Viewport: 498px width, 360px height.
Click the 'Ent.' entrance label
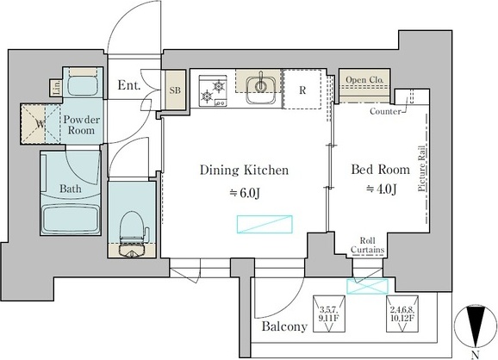click(129, 85)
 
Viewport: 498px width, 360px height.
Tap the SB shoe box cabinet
click(175, 90)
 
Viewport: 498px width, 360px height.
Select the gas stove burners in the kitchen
click(213, 90)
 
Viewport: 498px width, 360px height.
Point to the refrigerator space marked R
click(302, 90)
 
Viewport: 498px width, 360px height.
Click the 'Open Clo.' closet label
click(364, 80)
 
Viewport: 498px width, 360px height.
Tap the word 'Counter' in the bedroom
click(385, 111)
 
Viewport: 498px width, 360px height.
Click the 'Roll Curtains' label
click(367, 245)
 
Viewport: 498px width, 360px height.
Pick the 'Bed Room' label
click(380, 169)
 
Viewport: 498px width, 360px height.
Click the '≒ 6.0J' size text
click(245, 192)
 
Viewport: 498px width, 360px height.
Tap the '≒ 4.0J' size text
click(381, 189)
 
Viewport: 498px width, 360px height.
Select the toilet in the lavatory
click(132, 233)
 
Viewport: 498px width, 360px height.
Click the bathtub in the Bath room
click(71, 220)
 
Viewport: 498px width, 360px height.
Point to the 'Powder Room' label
click(81, 125)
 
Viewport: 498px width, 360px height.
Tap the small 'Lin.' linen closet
click(57, 88)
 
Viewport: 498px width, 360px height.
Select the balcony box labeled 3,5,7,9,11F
click(329, 314)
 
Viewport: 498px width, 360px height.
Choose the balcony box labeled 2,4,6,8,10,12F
click(402, 314)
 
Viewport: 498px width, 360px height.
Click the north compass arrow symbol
click(475, 326)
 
